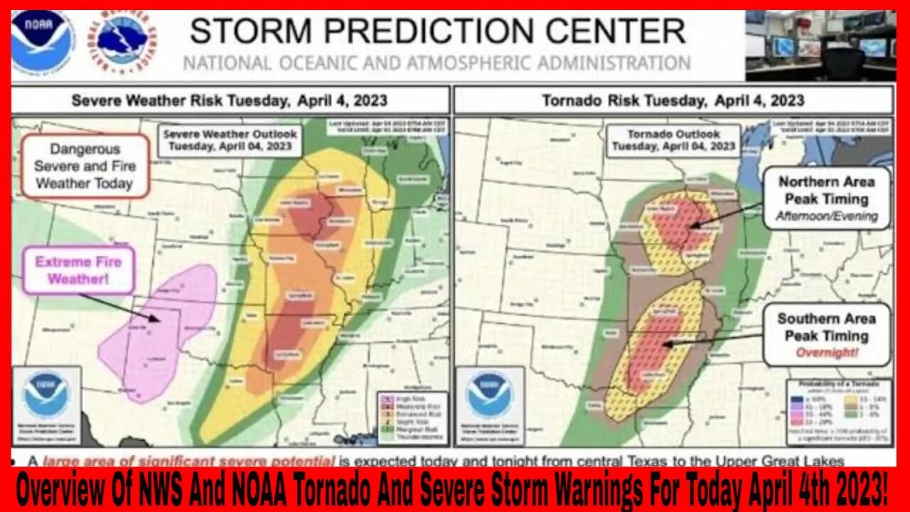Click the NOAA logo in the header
point(42,41)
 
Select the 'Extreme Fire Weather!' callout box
point(79,270)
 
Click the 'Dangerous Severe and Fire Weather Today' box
point(84,166)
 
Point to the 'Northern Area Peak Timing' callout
point(827,198)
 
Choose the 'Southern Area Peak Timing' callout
point(826,334)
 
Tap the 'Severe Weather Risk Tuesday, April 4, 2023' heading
point(230,100)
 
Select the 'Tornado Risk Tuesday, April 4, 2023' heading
point(673,100)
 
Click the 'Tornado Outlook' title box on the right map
point(673,140)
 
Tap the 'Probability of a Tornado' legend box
point(839,411)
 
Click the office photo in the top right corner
point(820,45)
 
